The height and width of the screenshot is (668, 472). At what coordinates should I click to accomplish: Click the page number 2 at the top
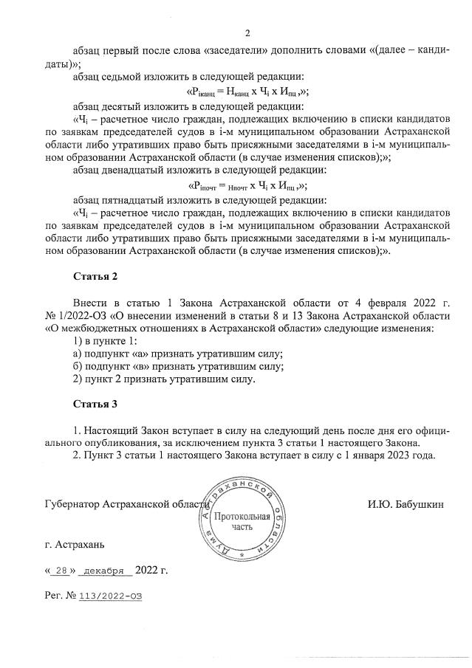pyautogui.click(x=248, y=33)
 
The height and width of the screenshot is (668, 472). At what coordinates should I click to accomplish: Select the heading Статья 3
pyautogui.click(x=95, y=404)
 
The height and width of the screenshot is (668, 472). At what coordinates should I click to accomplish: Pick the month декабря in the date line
pyautogui.click(x=103, y=571)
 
